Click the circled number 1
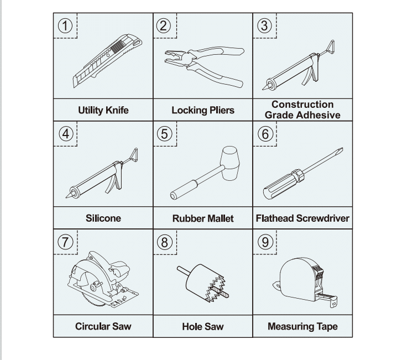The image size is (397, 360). pyautogui.click(x=65, y=26)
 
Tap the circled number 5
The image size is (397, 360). pyautogui.click(x=164, y=134)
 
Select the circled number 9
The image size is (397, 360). pyautogui.click(x=265, y=242)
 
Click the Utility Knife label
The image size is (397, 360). pyautogui.click(x=103, y=110)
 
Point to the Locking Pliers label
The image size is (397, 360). pyautogui.click(x=203, y=110)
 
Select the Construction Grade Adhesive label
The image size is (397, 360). pyautogui.click(x=302, y=109)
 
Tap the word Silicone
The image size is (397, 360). pyautogui.click(x=103, y=218)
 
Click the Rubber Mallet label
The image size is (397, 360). pyautogui.click(x=203, y=218)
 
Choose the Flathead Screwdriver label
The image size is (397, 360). pyautogui.click(x=302, y=218)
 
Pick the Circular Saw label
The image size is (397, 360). pyautogui.click(x=103, y=326)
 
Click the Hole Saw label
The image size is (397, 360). pyautogui.click(x=203, y=327)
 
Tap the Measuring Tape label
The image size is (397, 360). pyautogui.click(x=302, y=327)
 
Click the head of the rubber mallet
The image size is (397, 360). pyautogui.click(x=230, y=163)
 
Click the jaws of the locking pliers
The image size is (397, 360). pyautogui.click(x=175, y=58)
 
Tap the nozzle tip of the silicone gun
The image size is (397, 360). pyautogui.click(x=67, y=196)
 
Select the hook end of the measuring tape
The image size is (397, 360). pyautogui.click(x=334, y=303)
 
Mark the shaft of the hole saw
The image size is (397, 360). pyautogui.click(x=183, y=270)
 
